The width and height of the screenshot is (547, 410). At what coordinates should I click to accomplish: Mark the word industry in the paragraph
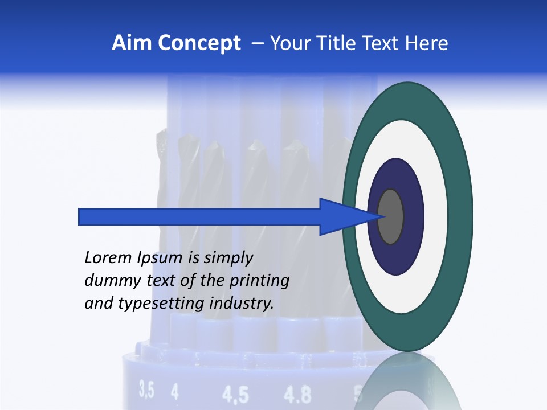242,304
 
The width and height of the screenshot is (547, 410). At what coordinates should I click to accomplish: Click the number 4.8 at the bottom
298,395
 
